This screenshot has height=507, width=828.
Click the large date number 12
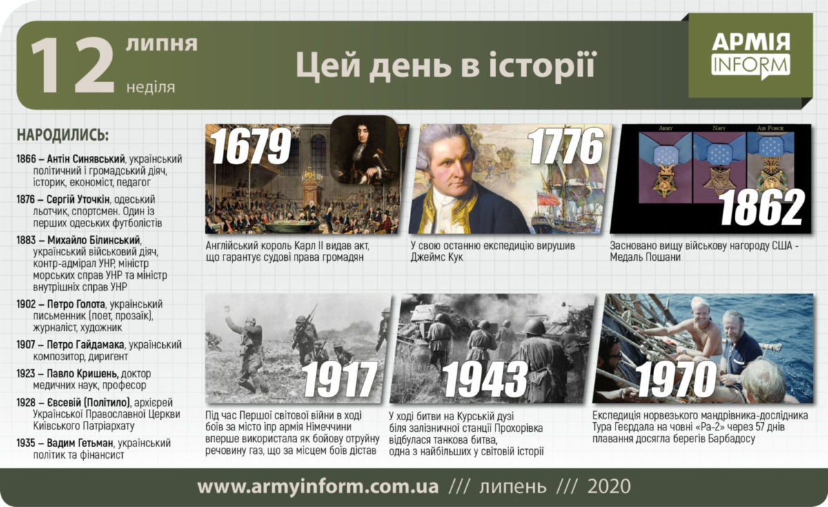(x=72, y=66)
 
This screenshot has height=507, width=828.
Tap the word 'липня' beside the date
(x=161, y=43)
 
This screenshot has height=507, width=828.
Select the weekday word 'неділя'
(x=150, y=87)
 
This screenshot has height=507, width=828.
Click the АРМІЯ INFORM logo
(x=751, y=56)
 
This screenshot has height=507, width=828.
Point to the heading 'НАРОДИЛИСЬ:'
(x=63, y=135)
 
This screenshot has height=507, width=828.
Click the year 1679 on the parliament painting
(x=251, y=146)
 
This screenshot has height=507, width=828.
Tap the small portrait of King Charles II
(x=364, y=150)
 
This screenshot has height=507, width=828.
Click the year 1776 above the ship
(x=566, y=146)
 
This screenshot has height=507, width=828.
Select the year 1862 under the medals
(x=762, y=208)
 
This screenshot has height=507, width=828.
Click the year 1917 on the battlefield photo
(x=340, y=379)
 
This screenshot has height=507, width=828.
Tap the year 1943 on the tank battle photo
(x=486, y=379)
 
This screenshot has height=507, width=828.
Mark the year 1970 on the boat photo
(x=676, y=379)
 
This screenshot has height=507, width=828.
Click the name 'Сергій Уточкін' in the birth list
(x=78, y=199)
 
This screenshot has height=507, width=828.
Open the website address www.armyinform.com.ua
(x=318, y=487)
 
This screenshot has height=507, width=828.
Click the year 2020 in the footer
(x=609, y=487)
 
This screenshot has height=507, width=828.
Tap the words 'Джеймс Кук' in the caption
(x=436, y=257)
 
